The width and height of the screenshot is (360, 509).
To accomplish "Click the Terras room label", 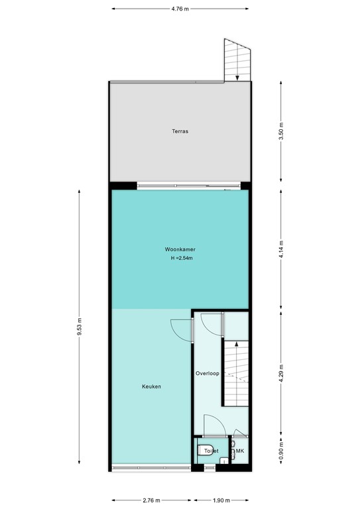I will (179, 131).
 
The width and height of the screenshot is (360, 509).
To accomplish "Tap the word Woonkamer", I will (179, 249).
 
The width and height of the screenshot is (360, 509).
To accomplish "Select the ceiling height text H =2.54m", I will (179, 258).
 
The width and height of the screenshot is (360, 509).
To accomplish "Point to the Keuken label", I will (151, 386).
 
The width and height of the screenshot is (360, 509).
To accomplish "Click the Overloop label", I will (207, 373).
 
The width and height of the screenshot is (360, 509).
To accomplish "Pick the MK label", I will (240, 451).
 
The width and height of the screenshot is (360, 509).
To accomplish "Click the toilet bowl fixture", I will (205, 450).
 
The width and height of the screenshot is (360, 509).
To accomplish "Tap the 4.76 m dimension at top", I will (179, 9).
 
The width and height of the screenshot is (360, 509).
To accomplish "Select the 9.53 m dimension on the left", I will (80, 329).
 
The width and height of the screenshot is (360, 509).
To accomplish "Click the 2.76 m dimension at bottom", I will (152, 500).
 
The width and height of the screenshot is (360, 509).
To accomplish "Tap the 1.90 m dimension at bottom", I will (221, 500).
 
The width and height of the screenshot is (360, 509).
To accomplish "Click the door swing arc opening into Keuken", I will (179, 328).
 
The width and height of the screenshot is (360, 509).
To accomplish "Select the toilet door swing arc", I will (213, 424).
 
